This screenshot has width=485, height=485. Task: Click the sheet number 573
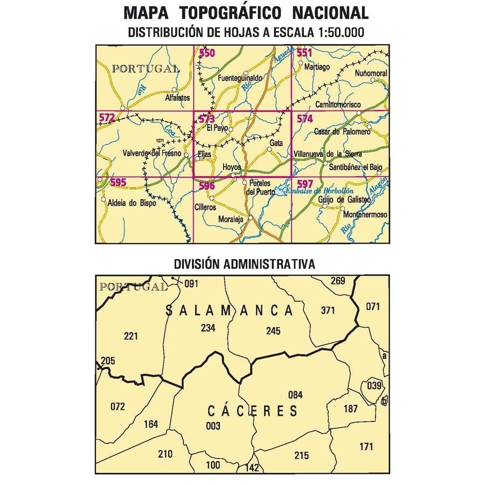pos(207,119)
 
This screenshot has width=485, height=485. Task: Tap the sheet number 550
pos(207,53)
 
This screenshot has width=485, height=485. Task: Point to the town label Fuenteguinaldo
pos(240,79)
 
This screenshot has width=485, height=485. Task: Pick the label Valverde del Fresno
pos(153,153)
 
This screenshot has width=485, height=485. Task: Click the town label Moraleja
pos(231,219)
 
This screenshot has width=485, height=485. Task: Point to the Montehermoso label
pos(365,214)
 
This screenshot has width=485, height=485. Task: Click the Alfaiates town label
pos(178,99)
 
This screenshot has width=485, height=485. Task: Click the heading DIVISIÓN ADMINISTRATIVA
pos(244,264)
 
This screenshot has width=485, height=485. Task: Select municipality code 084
pos(295,394)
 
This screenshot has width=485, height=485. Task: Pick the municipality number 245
pos(273,331)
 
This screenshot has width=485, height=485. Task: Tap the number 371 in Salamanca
pos(327,310)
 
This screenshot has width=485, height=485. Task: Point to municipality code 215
pos(302,455)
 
